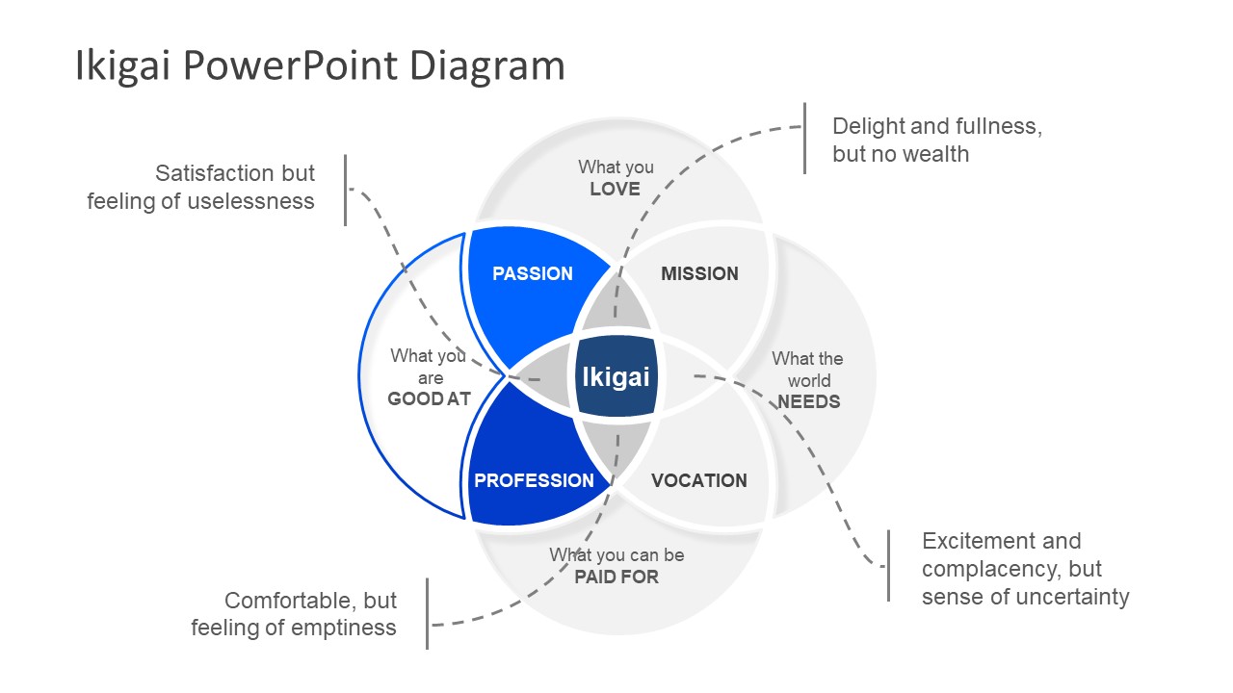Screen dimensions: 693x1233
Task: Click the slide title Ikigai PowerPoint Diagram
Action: click(x=320, y=66)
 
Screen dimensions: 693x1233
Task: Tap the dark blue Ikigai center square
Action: click(x=616, y=376)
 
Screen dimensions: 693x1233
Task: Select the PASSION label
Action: click(x=532, y=273)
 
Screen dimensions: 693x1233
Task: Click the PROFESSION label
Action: click(x=534, y=480)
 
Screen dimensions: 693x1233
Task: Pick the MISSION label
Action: click(x=699, y=273)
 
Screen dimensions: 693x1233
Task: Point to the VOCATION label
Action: click(x=699, y=480)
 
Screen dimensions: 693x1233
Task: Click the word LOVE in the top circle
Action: click(x=615, y=190)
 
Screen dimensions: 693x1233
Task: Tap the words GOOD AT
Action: click(x=429, y=398)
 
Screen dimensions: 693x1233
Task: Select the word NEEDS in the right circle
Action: click(x=809, y=401)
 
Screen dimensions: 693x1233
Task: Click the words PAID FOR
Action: click(x=616, y=577)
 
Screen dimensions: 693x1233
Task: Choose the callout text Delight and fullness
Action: click(x=936, y=126)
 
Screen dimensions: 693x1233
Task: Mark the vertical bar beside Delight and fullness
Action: click(x=804, y=139)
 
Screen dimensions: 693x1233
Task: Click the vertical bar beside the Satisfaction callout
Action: click(x=345, y=190)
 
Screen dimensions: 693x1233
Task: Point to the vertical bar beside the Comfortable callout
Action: click(x=427, y=613)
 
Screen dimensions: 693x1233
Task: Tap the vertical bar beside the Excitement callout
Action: click(x=888, y=566)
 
